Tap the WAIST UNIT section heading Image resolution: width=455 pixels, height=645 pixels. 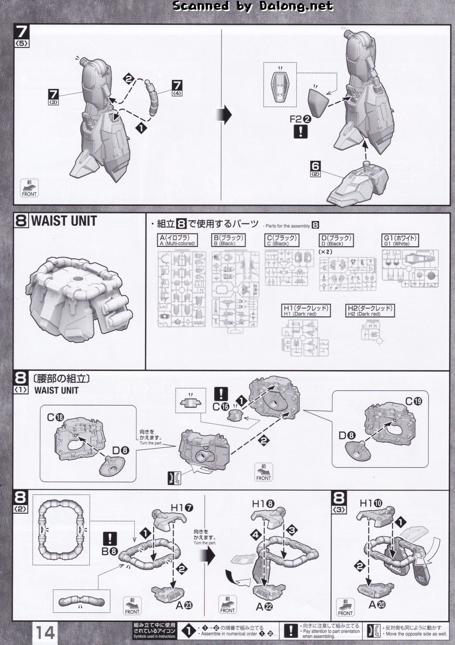[64, 221]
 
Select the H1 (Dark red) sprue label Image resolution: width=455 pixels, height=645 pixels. [306, 311]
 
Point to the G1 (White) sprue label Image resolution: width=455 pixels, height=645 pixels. [400, 240]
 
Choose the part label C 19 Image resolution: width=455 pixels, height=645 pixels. [414, 401]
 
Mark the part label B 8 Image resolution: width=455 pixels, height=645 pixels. [109, 551]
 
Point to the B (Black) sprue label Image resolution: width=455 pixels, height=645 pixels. [229, 240]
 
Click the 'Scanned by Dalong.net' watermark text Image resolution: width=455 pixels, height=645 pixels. [253, 6]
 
